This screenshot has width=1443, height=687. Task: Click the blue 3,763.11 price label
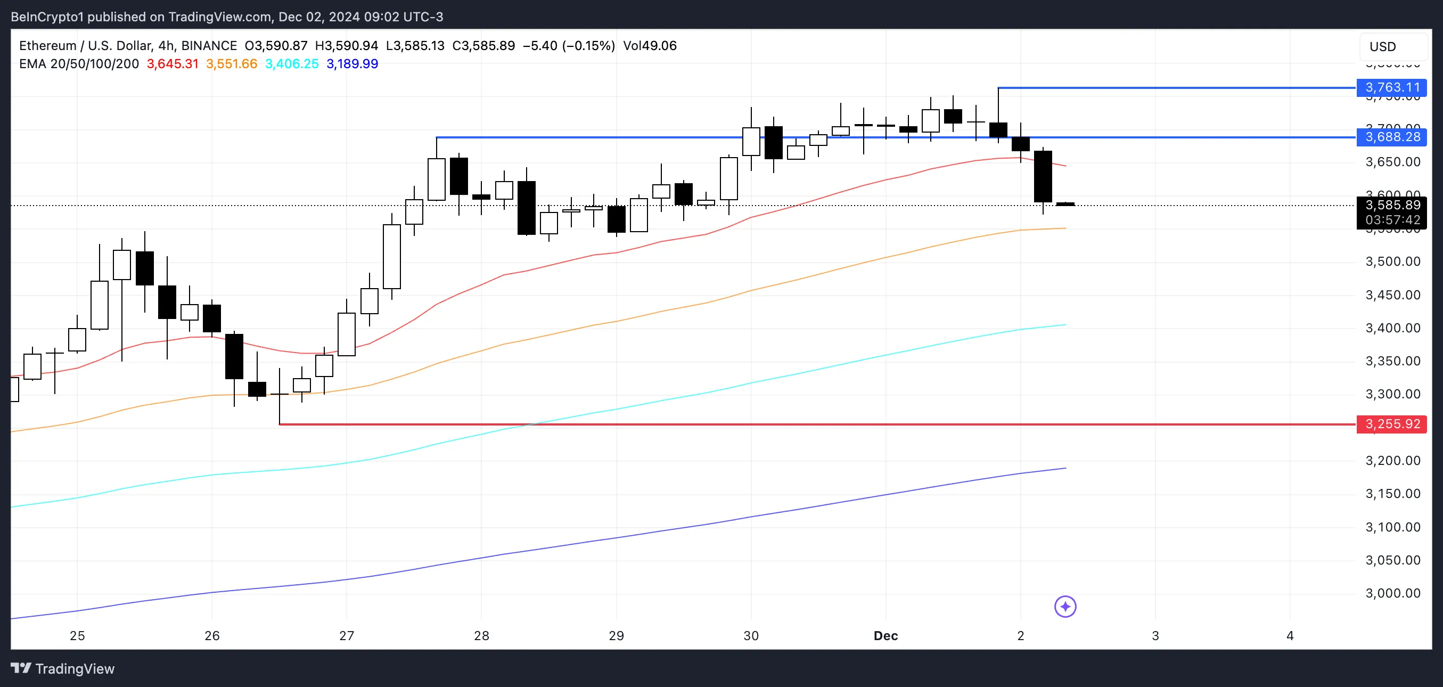(1391, 87)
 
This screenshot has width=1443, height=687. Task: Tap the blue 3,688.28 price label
(1391, 137)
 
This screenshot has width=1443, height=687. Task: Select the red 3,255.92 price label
(1391, 424)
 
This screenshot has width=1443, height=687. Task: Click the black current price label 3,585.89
(1391, 205)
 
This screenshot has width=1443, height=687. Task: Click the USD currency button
(1382, 46)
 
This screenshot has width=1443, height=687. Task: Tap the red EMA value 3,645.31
(173, 64)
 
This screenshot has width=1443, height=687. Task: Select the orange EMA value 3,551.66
(231, 64)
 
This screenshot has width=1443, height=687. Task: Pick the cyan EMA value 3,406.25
(291, 64)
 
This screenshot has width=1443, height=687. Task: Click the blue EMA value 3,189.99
(352, 64)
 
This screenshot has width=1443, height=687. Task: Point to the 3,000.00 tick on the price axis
(1392, 593)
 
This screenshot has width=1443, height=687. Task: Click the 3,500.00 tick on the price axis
(1392, 261)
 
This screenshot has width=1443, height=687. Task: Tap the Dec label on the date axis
(886, 636)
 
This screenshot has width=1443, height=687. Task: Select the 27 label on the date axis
(347, 636)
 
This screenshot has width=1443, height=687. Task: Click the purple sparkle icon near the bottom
(1065, 606)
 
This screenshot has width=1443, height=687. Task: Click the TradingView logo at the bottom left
(63, 668)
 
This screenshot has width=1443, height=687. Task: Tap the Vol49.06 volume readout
(650, 46)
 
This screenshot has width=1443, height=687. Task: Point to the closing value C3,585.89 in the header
(483, 46)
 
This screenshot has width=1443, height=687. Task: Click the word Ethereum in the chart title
(47, 46)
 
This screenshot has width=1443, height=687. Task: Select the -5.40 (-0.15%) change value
(569, 46)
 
